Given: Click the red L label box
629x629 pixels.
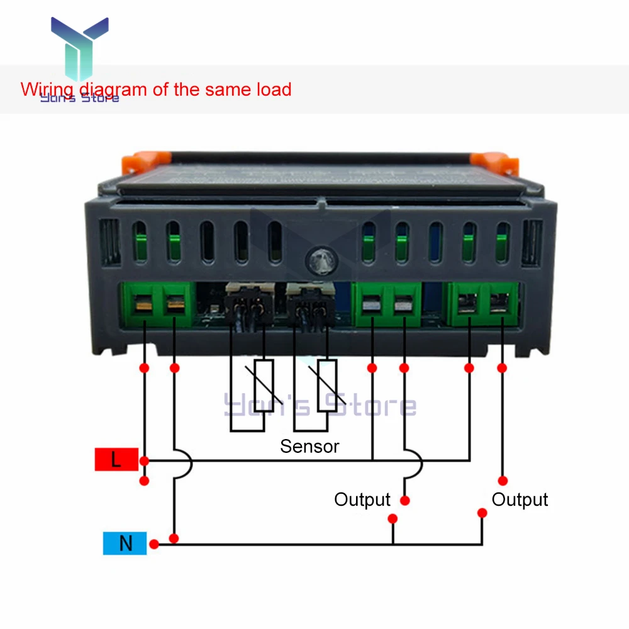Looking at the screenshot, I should click(x=116, y=460).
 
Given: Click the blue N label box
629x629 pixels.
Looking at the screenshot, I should click(x=125, y=543).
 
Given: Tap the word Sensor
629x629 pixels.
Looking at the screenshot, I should click(x=309, y=447).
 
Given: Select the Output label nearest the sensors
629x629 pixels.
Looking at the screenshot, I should click(x=362, y=500).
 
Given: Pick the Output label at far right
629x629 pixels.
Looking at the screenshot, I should click(x=520, y=500).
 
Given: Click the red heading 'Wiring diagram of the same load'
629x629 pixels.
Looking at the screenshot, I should click(x=156, y=89).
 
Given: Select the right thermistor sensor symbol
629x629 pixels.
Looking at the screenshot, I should click(x=327, y=386).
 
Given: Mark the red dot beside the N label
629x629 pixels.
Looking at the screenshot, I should click(x=153, y=544).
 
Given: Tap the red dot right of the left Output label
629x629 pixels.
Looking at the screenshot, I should click(x=404, y=501).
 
